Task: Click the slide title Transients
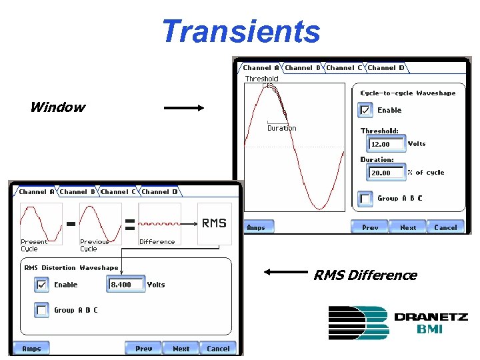point(241,31)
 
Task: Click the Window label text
point(57,107)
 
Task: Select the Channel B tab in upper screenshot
point(303,67)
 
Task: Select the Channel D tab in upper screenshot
point(386,67)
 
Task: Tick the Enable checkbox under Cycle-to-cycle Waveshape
point(365,110)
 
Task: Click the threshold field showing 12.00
point(385,144)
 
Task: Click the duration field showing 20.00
point(385,173)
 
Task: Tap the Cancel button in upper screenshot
point(445,227)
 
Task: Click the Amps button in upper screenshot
point(256,227)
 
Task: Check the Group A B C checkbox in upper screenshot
point(365,198)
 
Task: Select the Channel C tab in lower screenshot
point(118,191)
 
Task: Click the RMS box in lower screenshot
point(214,223)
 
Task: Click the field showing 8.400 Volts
point(125,285)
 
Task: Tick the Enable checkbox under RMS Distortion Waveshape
point(42,285)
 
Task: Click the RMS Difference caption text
point(365,275)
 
